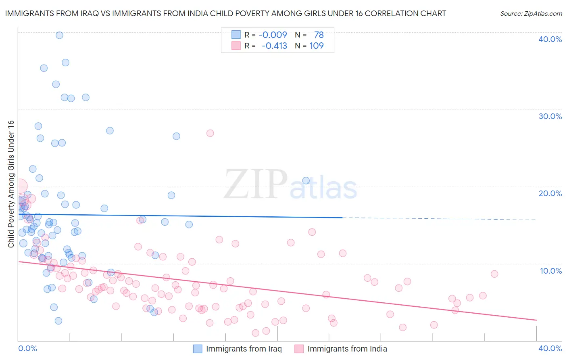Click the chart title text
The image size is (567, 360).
[225, 13]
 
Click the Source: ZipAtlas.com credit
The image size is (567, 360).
[531, 13]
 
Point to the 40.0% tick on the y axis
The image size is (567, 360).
[550, 39]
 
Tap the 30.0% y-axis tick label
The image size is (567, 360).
[550, 116]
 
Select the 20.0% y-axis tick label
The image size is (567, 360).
[550, 193]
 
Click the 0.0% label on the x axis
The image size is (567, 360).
[27, 348]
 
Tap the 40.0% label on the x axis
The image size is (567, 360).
[550, 348]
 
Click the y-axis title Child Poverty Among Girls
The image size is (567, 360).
[11, 184]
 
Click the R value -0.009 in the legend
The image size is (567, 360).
[273, 35]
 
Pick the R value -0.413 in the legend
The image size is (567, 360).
[274, 46]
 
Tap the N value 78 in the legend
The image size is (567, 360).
[319, 35]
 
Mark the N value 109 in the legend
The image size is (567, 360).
[317, 46]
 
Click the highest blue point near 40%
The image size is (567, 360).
[59, 35]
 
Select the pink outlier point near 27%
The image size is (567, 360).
[210, 133]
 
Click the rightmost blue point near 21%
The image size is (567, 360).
[306, 180]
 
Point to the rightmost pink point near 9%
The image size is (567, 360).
[494, 274]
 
